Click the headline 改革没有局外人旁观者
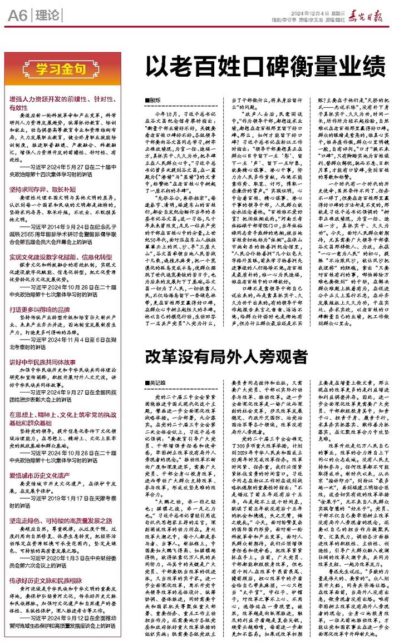(226, 355)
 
